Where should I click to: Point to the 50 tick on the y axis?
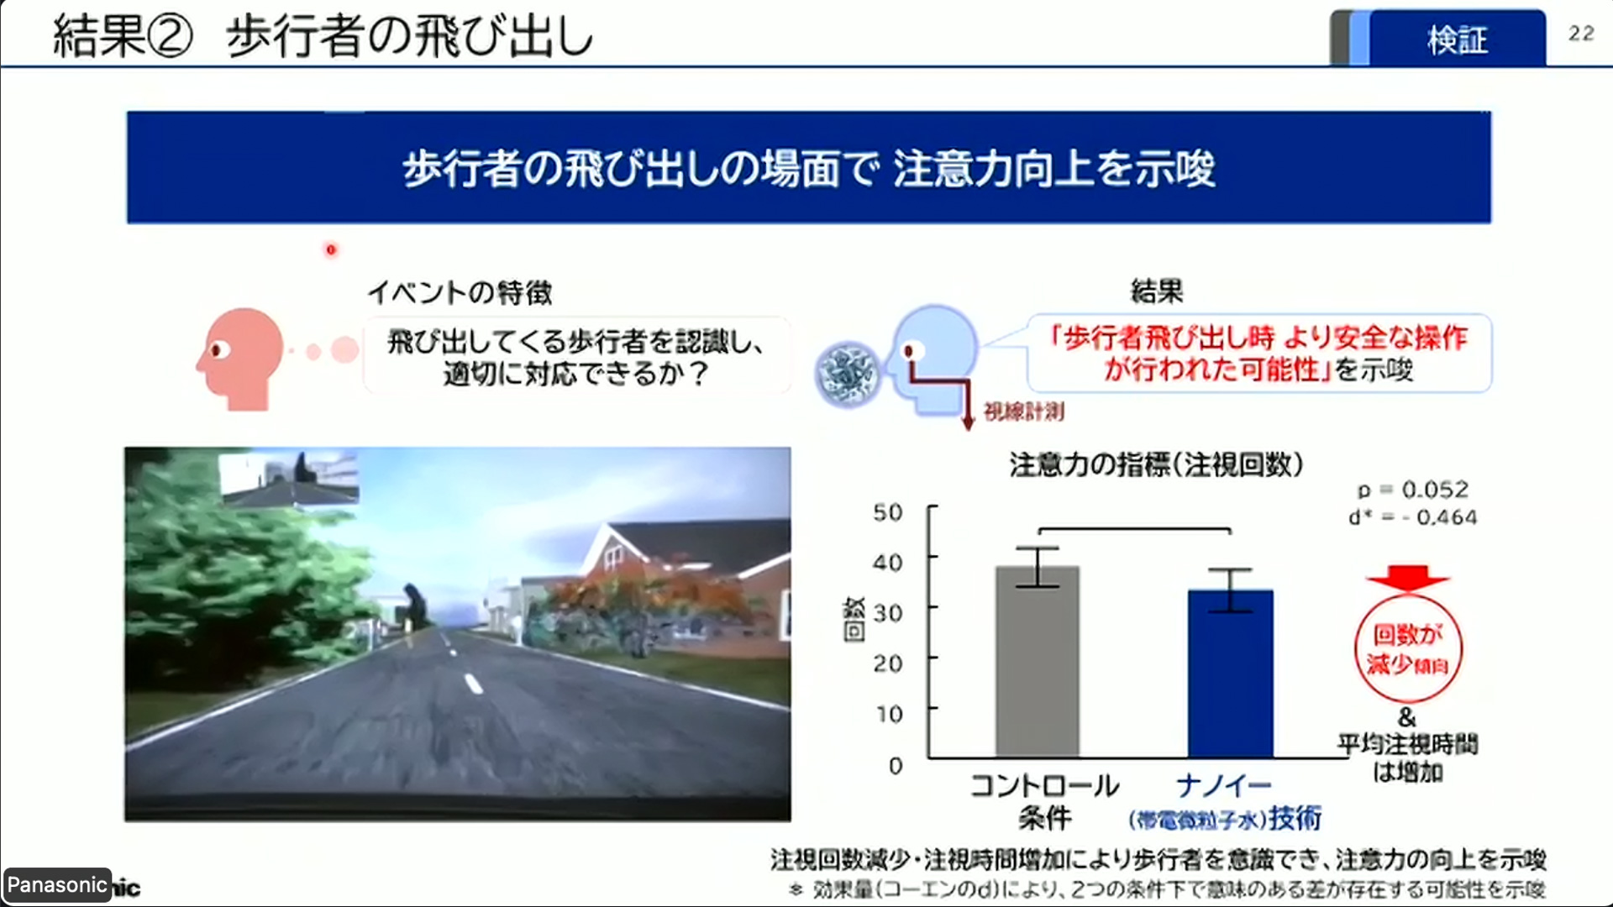pos(888,512)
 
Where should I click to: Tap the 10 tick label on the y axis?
pos(888,714)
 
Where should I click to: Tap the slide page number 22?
pos(1580,34)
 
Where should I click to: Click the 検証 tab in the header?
pos(1457,39)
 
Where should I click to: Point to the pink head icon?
pos(240,356)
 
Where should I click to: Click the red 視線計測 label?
pos(1023,412)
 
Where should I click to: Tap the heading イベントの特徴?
pos(460,292)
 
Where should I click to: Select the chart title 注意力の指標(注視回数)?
pos(1156,464)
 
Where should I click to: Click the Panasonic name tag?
pos(57,885)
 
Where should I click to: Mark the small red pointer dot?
pos(331,249)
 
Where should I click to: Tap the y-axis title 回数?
pos(854,620)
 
